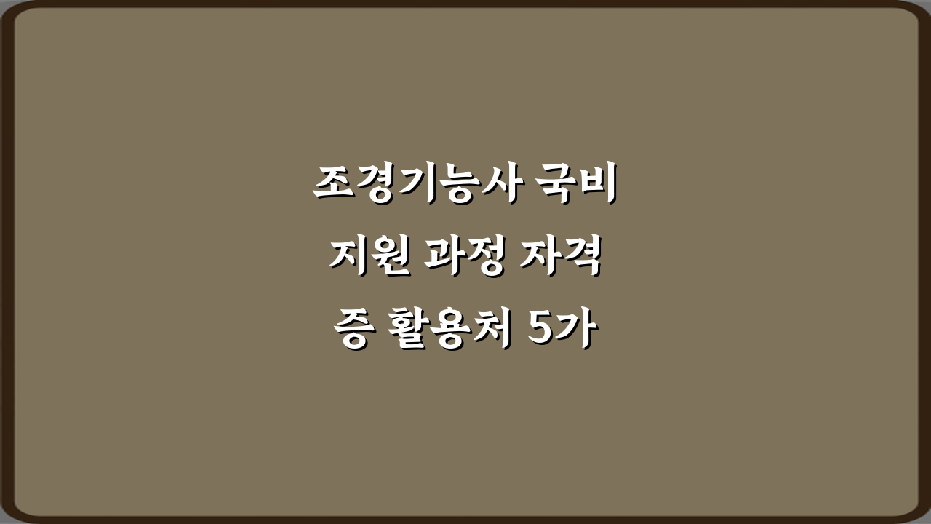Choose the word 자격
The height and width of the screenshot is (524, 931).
tap(564, 259)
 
